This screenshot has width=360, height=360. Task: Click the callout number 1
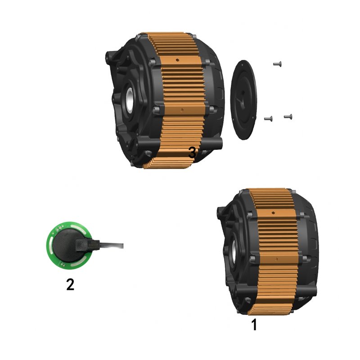point(254,324)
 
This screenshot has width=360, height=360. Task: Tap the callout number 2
point(70,284)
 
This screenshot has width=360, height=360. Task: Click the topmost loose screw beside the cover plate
point(277,64)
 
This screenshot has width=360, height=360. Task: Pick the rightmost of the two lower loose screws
point(288,117)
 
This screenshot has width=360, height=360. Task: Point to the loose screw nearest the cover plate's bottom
point(268,119)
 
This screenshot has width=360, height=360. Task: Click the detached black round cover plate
point(243,99)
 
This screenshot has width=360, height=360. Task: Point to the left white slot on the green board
point(50,245)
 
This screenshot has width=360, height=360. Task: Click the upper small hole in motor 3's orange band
point(179,59)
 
